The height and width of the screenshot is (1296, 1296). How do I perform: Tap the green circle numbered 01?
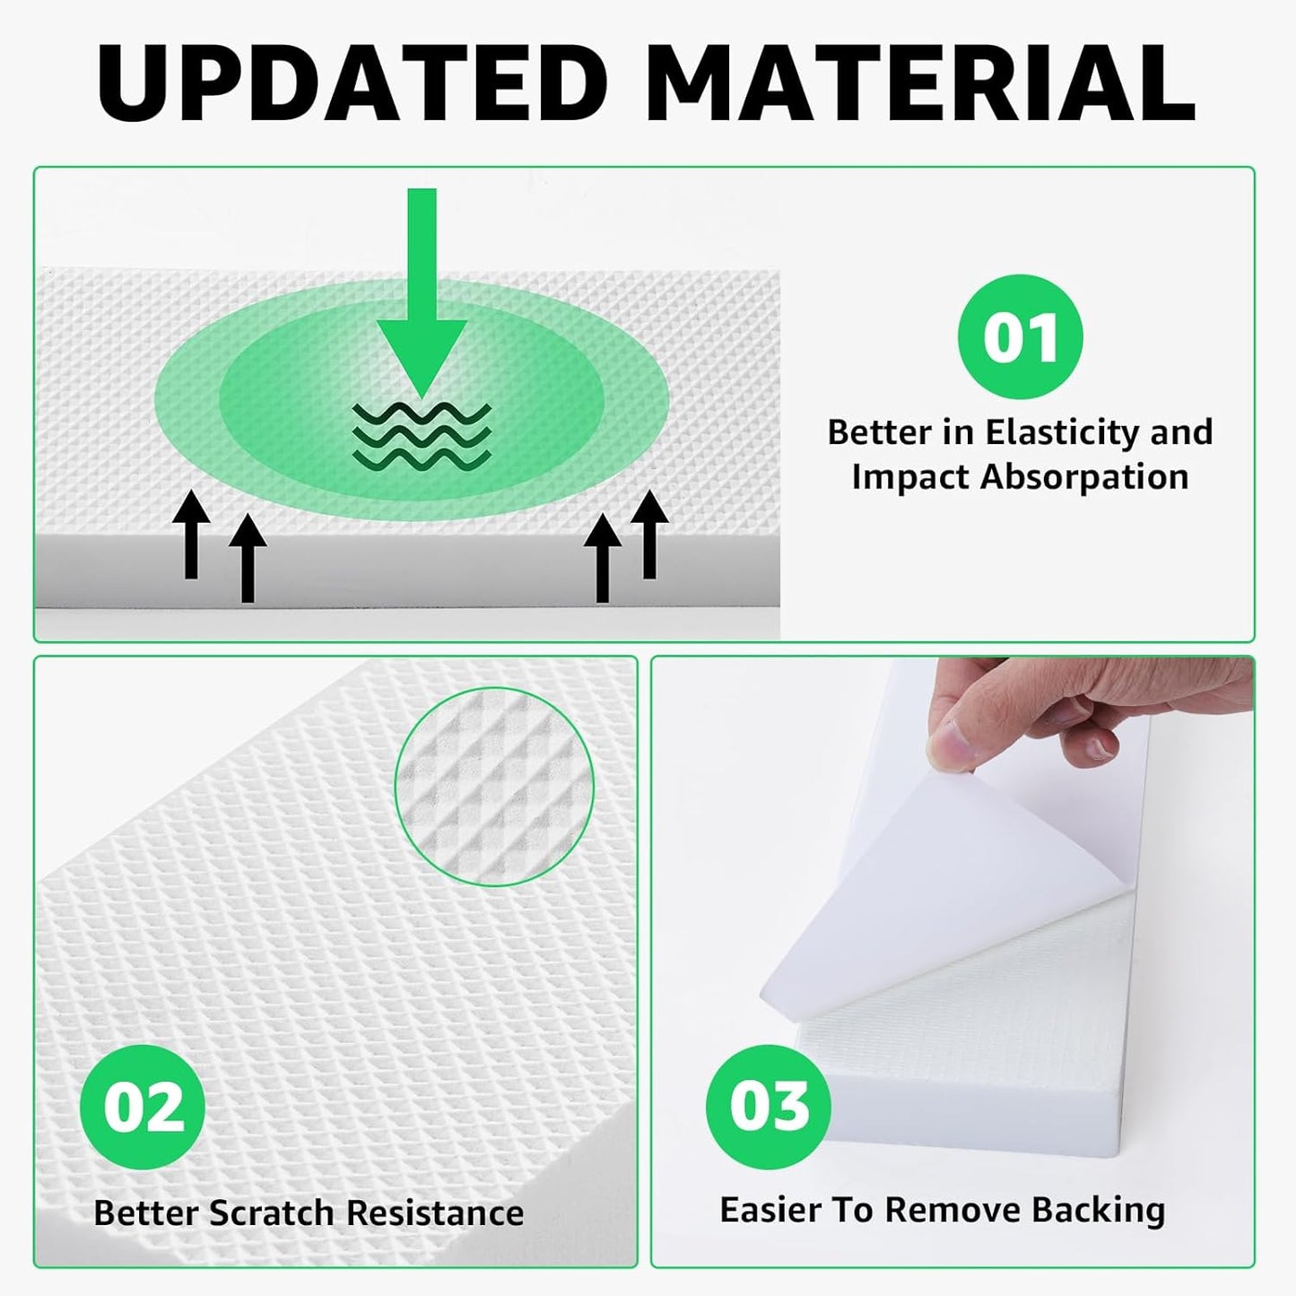(x=1020, y=335)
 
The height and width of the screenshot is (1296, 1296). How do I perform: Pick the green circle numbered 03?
(x=769, y=1105)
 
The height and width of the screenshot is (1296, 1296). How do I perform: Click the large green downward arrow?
(x=421, y=287)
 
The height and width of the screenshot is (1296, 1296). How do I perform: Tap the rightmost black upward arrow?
(x=649, y=535)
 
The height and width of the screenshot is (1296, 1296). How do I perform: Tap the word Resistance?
(x=435, y=1213)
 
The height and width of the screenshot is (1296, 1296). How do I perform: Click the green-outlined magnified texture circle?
(x=494, y=786)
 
